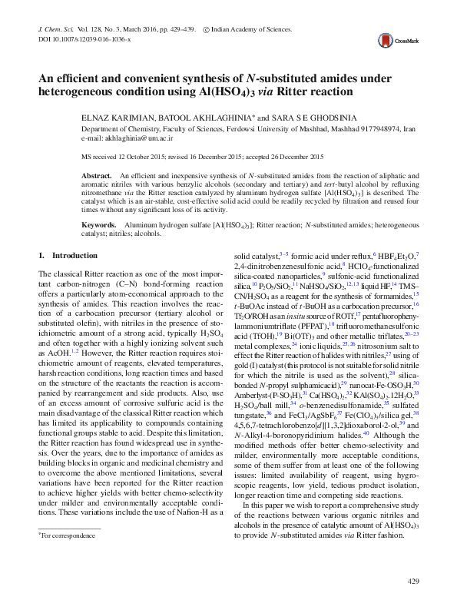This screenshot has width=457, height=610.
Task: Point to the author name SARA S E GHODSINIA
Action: click(304, 118)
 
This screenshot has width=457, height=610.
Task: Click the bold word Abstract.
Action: click(97, 176)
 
